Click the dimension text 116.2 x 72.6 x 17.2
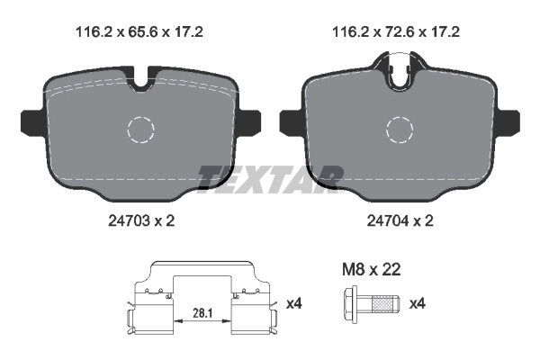[397, 31]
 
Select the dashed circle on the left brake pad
[142, 130]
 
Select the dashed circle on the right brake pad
[399, 130]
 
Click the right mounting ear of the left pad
[250, 120]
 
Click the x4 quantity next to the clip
[293, 304]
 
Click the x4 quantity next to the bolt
[417, 304]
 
